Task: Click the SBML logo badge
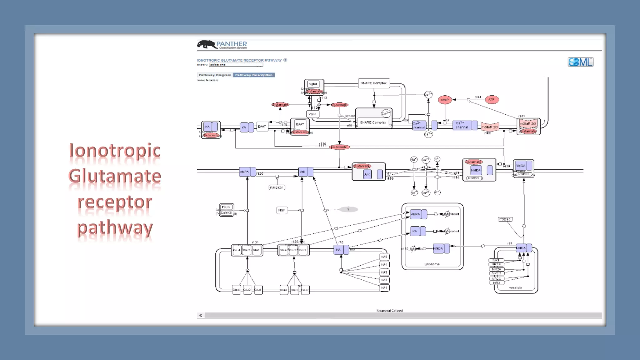pyautogui.click(x=580, y=62)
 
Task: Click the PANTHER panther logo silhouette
pyautogui.click(x=206, y=44)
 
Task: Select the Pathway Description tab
pyautogui.click(x=254, y=75)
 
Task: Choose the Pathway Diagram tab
pyautogui.click(x=215, y=75)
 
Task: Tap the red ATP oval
pyautogui.click(x=492, y=100)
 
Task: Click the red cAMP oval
pyautogui.click(x=445, y=100)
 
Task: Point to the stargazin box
pyautogui.click(x=277, y=187)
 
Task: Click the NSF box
pyautogui.click(x=282, y=210)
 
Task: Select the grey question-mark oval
pyautogui.click(x=348, y=209)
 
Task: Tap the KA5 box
pyautogui.click(x=384, y=257)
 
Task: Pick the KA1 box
pyautogui.click(x=384, y=287)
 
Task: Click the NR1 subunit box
pyautogui.click(x=496, y=260)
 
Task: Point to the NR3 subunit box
pyautogui.click(x=496, y=283)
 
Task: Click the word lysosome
pyautogui.click(x=432, y=264)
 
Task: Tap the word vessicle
pyautogui.click(x=515, y=287)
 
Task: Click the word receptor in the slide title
pyautogui.click(x=115, y=202)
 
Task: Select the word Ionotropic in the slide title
pyautogui.click(x=115, y=151)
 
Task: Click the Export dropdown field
pyautogui.click(x=236, y=65)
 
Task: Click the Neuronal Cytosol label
pyautogui.click(x=389, y=311)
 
